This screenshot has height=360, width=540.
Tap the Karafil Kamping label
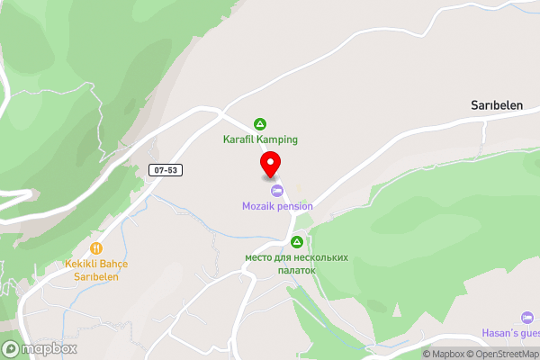tap(261, 139)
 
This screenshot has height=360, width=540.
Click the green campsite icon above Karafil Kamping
tap(260, 123)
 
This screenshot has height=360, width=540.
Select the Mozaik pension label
tap(277, 206)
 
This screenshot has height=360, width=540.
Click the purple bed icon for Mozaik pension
tap(277, 191)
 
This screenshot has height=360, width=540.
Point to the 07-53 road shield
tap(166, 169)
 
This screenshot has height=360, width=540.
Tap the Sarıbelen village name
tap(497, 105)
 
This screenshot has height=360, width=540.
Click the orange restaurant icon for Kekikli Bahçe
tap(96, 248)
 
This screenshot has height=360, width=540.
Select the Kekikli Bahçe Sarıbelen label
tap(96, 269)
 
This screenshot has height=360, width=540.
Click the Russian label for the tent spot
tap(297, 263)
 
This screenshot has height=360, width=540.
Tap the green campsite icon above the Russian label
tap(297, 241)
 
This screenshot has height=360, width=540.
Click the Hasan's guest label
tap(513, 335)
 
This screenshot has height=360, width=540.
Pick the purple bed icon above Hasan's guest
tap(526, 318)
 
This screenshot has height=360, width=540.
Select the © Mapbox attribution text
tap(443, 354)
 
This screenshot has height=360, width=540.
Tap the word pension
tap(294, 206)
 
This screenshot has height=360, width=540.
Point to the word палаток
tap(297, 269)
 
